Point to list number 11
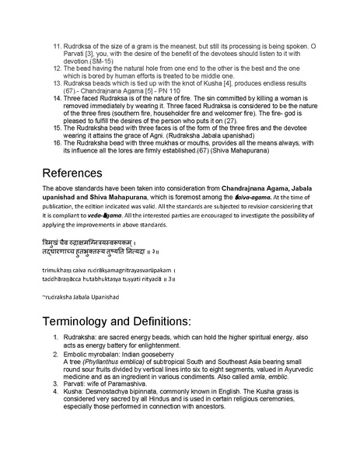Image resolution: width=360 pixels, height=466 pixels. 58,47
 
